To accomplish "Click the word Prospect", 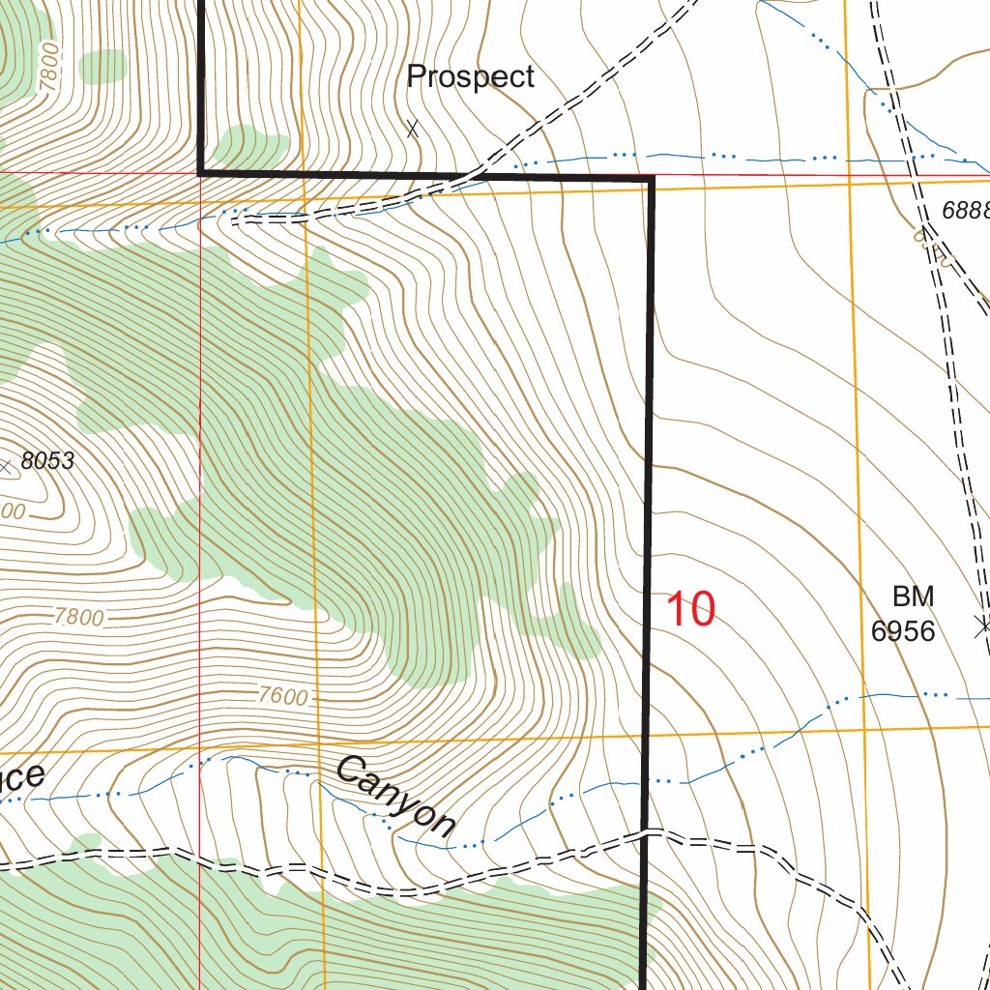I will coord(470,77).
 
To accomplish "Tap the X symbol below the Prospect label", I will coord(413,128).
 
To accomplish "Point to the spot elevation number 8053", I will coord(47,462).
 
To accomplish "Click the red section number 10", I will coord(690,610).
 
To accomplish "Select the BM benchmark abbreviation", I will coord(913,596).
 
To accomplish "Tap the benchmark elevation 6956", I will coord(903,631).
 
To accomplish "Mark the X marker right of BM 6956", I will coord(983,626).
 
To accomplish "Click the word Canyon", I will coord(395,797).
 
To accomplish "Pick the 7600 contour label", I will coord(283,696).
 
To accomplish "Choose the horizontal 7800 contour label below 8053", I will coord(79,618).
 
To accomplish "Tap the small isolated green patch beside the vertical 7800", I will coord(102,66).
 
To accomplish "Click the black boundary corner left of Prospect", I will coord(200,173).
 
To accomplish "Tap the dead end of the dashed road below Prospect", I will coord(235,219).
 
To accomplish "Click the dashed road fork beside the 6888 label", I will coord(926,230).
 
